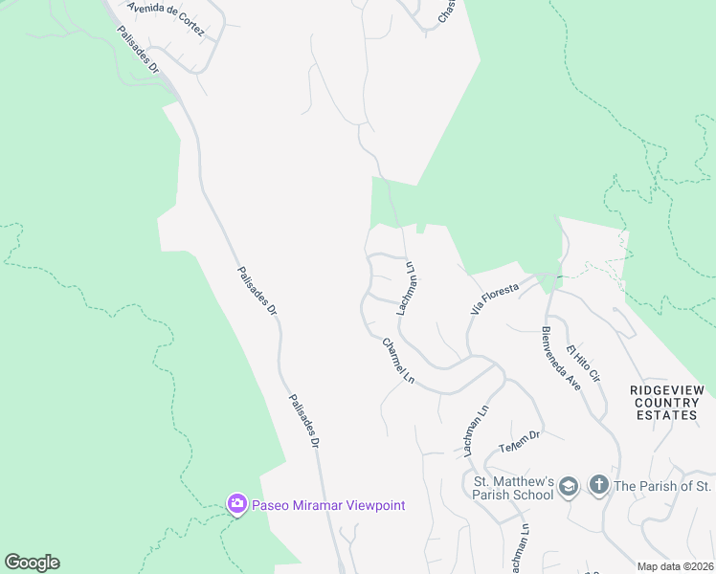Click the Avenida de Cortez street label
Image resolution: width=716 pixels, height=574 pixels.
166,19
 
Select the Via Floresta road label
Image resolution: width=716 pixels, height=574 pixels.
494,298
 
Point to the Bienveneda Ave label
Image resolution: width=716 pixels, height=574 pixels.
561,358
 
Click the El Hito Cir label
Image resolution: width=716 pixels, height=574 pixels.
581,362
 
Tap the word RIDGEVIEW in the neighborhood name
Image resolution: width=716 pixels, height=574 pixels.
667,390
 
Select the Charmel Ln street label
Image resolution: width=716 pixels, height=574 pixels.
397,362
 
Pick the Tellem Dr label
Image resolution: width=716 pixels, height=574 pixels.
520,441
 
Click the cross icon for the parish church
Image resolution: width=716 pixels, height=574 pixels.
599,485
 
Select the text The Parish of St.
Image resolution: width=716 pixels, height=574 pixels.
661,486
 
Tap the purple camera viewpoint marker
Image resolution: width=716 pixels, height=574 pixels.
236,504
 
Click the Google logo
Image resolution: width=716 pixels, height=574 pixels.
32,563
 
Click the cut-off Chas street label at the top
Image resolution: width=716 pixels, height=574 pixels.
447,11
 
